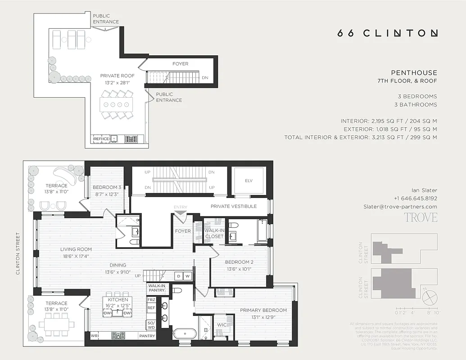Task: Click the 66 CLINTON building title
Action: [387, 33]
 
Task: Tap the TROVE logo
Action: [420, 217]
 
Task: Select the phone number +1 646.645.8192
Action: [415, 198]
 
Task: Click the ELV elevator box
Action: [249, 181]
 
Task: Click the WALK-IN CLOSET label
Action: [214, 233]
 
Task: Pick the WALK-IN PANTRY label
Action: [156, 288]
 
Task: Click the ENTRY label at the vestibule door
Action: [180, 207]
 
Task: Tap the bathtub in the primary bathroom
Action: [185, 333]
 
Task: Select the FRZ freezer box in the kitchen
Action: [151, 299]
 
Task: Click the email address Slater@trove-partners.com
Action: [400, 207]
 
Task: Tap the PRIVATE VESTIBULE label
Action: [233, 206]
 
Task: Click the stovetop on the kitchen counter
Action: [118, 336]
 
